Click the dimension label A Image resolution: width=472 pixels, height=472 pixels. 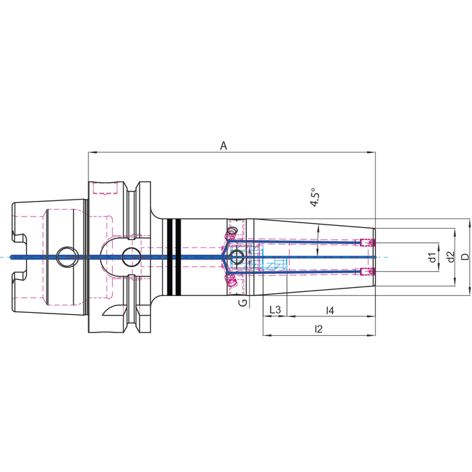[x=223, y=146]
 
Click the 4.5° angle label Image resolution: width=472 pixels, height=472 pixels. [x=315, y=198]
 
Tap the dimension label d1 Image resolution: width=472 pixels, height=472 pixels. [x=432, y=258]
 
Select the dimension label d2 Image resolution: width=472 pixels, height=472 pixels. [x=450, y=257]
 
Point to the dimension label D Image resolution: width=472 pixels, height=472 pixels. [x=465, y=257]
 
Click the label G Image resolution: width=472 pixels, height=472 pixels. [x=243, y=303]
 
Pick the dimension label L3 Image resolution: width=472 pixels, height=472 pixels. [x=275, y=309]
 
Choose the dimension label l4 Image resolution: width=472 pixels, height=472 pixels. [x=330, y=310]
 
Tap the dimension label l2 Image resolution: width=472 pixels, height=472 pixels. [x=318, y=329]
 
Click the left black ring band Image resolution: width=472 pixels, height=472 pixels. [x=169, y=257]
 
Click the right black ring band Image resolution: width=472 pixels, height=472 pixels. [x=178, y=257]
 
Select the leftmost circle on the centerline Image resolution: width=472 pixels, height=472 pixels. [x=67, y=257]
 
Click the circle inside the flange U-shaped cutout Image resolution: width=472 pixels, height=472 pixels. [x=131, y=257]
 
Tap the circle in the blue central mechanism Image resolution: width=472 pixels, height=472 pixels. [x=236, y=257]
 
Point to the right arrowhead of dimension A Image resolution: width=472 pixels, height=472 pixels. [x=372, y=152]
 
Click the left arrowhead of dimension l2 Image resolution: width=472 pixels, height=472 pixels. [x=267, y=334]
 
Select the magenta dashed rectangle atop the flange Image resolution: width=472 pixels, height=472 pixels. [x=105, y=188]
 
